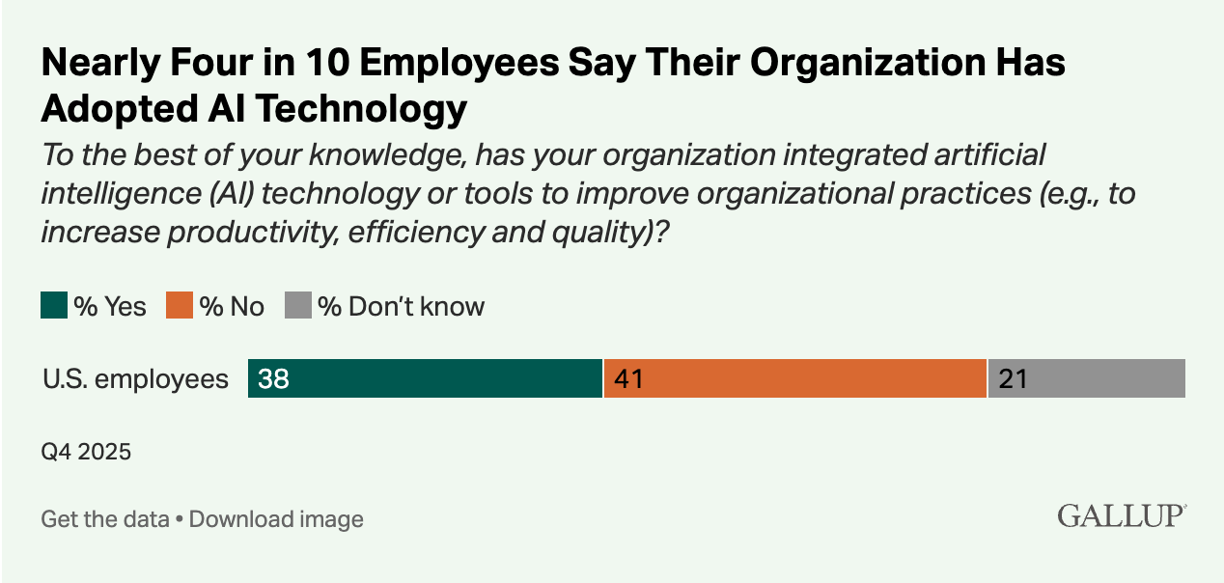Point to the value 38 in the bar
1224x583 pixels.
coord(274,379)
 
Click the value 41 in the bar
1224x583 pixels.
coord(628,379)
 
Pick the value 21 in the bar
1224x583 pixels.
coord(1013,379)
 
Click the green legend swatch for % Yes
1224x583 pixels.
coord(54,306)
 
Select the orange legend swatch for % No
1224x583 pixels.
coord(179,306)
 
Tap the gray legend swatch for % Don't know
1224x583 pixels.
coord(298,306)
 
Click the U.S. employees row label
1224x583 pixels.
coord(135,379)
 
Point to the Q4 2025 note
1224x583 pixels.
coord(86,451)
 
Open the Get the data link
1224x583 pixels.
coord(105,519)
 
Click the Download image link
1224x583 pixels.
coord(276,519)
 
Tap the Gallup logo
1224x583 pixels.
coord(1121,515)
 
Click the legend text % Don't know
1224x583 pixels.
coord(402,307)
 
